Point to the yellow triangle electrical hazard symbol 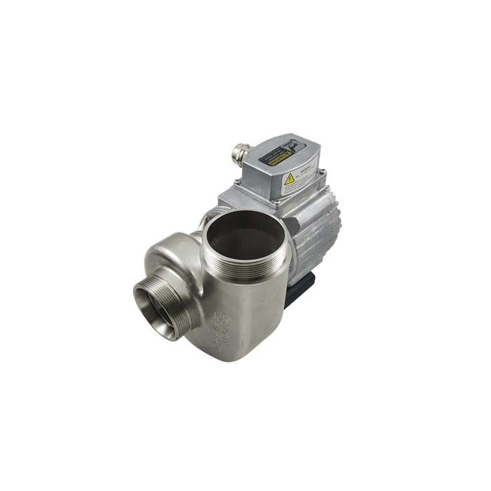click(289, 180)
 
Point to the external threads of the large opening click(245, 270)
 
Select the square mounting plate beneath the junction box click(238, 200)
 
